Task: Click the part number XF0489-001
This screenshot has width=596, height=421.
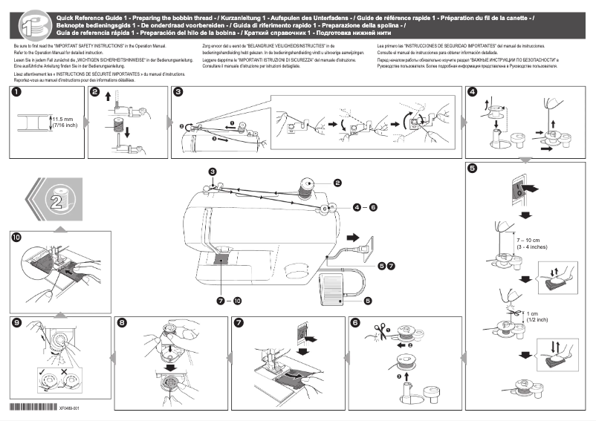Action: pos(69,408)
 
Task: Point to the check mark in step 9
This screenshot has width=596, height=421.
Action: pos(42,369)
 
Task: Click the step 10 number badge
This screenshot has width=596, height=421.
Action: pos(16,237)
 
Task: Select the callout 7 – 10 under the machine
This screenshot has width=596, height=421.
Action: pos(229,301)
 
